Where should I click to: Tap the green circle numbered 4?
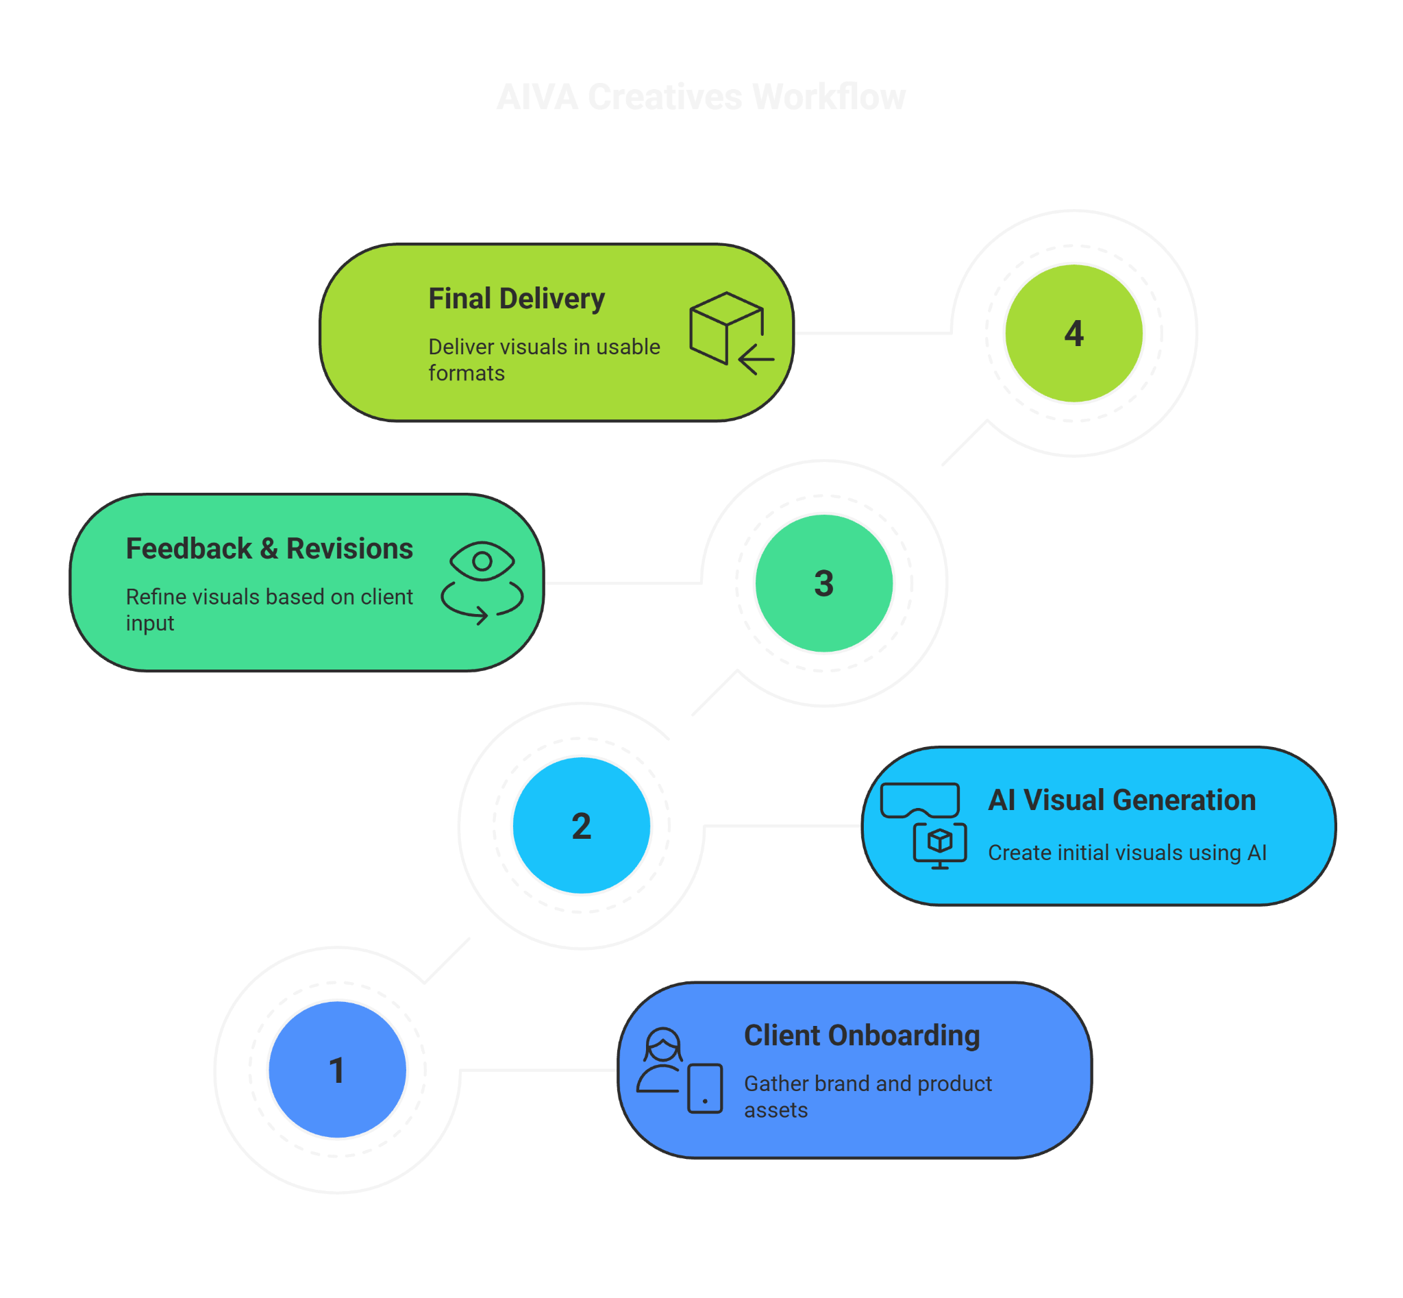click(1073, 333)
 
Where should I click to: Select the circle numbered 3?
click(823, 583)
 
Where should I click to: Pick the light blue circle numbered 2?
click(581, 825)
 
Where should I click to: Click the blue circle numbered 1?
click(337, 1070)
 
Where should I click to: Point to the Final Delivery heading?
click(516, 299)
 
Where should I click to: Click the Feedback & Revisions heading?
click(269, 548)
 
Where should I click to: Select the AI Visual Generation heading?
click(1121, 800)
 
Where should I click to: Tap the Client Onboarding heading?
click(862, 1036)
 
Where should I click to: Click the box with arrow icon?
click(730, 332)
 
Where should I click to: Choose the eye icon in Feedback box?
click(482, 561)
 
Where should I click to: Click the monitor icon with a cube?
click(939, 845)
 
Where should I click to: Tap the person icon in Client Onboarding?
click(661, 1060)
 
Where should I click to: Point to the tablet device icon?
click(705, 1088)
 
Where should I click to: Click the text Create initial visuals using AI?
click(1126, 853)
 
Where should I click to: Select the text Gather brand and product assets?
click(867, 1097)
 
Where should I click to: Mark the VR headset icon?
click(919, 800)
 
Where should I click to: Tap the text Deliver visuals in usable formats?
click(543, 360)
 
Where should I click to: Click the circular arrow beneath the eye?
click(482, 603)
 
